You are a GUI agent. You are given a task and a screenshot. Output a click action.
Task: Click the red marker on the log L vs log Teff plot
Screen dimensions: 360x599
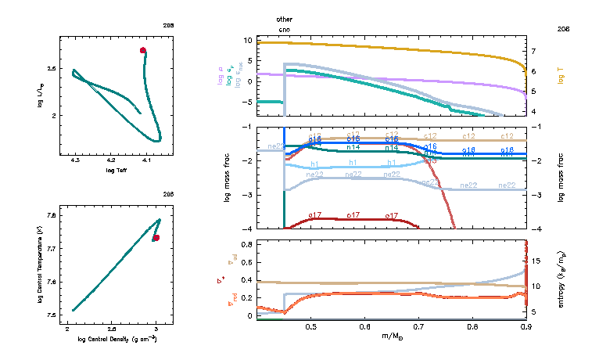tap(143, 50)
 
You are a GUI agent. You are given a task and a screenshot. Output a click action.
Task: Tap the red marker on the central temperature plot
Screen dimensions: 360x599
tap(156, 237)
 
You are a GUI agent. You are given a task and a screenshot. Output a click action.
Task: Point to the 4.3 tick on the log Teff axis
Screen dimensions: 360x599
tap(75, 160)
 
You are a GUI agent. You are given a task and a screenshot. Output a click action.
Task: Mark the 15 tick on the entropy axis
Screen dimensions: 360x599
tap(535, 258)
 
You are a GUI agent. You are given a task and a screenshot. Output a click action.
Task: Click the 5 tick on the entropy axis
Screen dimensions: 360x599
tap(534, 312)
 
